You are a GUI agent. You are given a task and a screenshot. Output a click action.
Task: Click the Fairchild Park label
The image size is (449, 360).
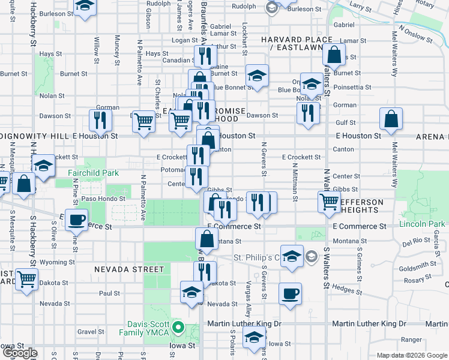[x=93, y=173]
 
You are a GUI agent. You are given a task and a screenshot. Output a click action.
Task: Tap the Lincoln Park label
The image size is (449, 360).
[x=421, y=224]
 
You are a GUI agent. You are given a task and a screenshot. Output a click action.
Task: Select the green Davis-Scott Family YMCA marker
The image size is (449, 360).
[x=178, y=327]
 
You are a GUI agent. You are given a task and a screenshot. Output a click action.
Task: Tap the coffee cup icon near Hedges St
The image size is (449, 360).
[x=291, y=293]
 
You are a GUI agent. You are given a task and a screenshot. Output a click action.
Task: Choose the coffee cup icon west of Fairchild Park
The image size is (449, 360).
[x=77, y=219]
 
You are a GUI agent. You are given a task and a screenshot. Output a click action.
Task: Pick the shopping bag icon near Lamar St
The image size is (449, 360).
[x=334, y=56]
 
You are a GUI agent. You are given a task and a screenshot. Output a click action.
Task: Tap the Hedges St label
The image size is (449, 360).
[x=343, y=288]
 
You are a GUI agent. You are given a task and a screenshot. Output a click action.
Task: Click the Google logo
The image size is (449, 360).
[x=19, y=353]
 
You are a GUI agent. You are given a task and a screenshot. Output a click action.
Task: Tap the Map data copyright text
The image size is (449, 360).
[x=412, y=355]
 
